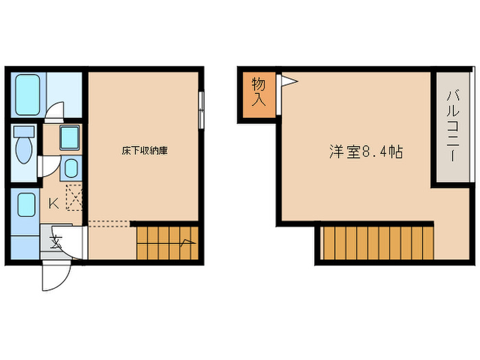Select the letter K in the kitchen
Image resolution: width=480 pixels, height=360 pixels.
pyautogui.click(x=52, y=203)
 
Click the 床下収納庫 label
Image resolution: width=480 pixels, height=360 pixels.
pyautogui.click(x=145, y=150)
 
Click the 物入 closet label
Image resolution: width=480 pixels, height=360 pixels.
pyautogui.click(x=259, y=92)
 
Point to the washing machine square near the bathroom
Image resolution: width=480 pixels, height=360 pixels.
pyautogui.click(x=69, y=138)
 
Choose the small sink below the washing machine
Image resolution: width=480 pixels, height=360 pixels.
pyautogui.click(x=71, y=167)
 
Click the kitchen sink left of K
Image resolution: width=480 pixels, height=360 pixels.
pyautogui.click(x=26, y=205)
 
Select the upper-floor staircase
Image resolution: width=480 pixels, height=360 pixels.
pyautogui.click(x=377, y=243)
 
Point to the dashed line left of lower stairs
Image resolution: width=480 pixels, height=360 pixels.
pyautogui.click(x=108, y=222)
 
